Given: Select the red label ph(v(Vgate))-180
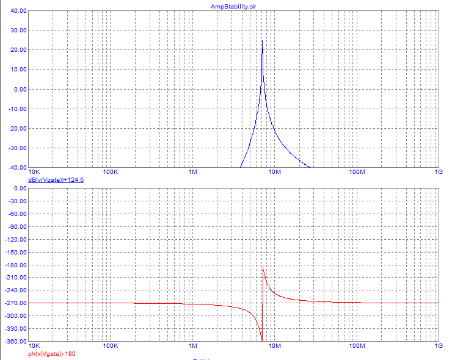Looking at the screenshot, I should coord(51,354).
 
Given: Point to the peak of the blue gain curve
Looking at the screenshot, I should coord(262,41).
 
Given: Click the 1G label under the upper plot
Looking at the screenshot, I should coord(438,173).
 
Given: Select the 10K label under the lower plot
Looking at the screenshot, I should coord(35,347).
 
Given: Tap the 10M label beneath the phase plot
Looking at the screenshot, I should coord(274,347).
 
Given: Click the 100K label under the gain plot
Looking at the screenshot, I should coord(111,173).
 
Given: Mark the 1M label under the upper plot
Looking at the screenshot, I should coord(193,173).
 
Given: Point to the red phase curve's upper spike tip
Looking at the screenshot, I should coord(263,268).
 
